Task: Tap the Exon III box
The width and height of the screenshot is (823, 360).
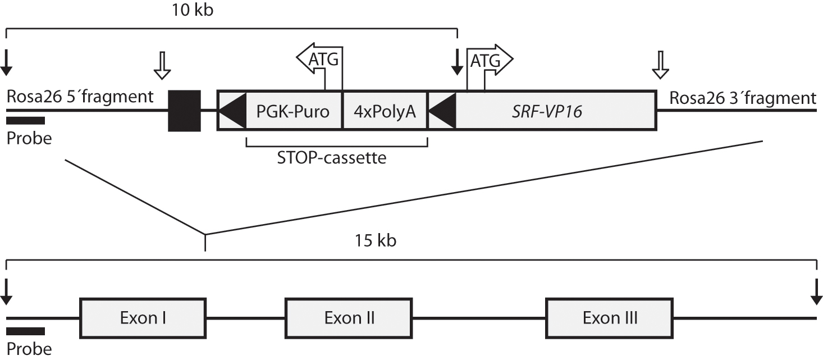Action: (609, 318)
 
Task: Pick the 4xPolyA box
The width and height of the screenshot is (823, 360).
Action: (385, 111)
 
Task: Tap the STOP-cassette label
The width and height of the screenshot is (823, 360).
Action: (332, 158)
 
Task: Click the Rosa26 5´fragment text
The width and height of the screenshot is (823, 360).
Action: (80, 97)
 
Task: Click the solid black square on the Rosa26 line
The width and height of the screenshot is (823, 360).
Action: (184, 111)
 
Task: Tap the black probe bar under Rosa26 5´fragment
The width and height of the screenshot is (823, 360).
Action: (26, 120)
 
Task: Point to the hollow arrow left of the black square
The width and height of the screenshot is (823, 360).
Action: (162, 66)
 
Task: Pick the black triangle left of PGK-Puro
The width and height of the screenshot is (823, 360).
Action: (232, 110)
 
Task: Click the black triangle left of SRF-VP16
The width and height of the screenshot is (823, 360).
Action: (443, 110)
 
